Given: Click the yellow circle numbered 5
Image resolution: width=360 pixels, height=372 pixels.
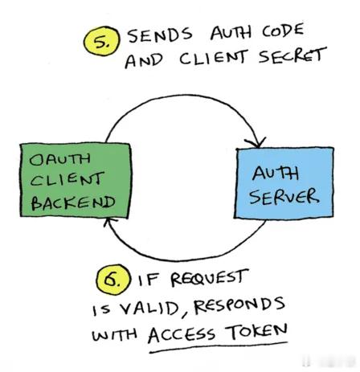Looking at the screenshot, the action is click(x=102, y=41).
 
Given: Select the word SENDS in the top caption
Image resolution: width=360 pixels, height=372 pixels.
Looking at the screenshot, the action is click(x=160, y=35).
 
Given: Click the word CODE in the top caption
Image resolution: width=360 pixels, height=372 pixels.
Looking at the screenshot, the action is click(x=283, y=31).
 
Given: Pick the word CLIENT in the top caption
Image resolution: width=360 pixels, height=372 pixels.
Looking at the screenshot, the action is click(x=212, y=58).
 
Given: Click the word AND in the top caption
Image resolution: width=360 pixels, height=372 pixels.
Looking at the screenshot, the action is click(x=144, y=61).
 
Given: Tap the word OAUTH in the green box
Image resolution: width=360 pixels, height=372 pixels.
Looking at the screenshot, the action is click(x=59, y=159).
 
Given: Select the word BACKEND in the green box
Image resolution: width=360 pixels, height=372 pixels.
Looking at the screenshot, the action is click(x=73, y=202).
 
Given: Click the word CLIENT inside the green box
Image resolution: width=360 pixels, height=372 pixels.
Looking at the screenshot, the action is click(x=67, y=179).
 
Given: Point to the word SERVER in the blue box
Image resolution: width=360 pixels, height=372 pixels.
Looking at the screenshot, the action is click(x=284, y=197).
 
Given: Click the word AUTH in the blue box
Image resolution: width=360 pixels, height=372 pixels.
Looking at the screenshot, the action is click(x=275, y=174).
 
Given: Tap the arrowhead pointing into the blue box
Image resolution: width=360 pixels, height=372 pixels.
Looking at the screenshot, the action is click(x=257, y=143).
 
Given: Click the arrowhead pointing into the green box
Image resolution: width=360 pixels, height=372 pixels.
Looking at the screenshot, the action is click(x=109, y=222).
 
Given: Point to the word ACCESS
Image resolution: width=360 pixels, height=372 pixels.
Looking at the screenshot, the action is click(x=181, y=334).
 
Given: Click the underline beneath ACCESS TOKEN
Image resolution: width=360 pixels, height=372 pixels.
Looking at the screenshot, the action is click(x=219, y=346).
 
